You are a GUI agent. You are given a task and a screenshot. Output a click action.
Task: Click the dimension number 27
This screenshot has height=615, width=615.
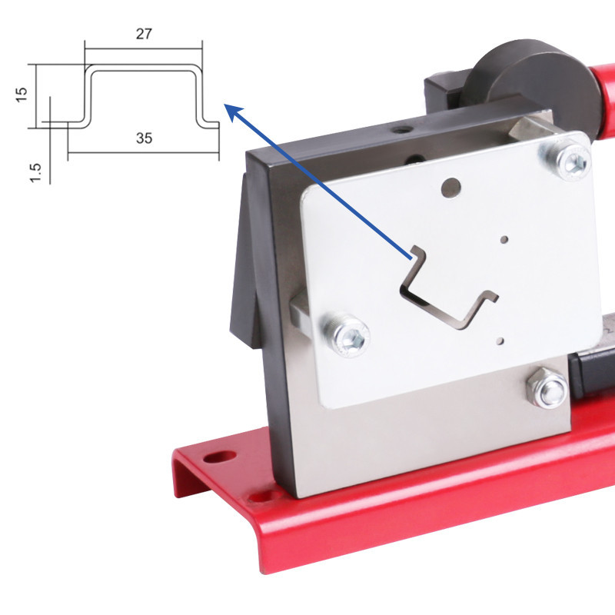tap(144, 34)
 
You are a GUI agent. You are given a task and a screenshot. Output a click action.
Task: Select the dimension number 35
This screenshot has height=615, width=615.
tap(144, 138)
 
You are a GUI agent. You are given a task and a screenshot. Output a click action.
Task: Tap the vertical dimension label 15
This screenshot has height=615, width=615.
tap(22, 94)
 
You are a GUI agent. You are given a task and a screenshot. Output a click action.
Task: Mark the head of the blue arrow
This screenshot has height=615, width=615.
tap(228, 109)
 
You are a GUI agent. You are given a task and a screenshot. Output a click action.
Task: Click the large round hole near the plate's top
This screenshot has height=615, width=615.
tap(453, 185)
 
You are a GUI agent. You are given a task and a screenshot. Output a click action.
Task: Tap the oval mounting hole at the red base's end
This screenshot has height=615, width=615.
tap(221, 457)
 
